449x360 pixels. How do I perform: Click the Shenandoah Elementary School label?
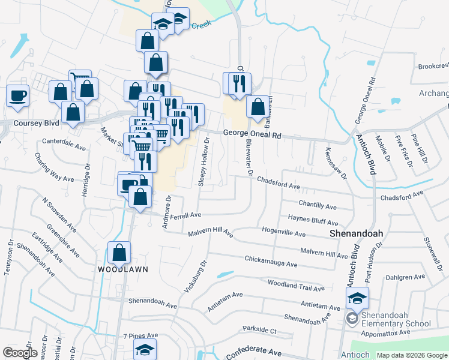(396, 320)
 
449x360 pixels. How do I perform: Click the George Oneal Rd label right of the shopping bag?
(252, 135)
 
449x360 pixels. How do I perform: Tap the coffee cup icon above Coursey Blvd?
(17, 95)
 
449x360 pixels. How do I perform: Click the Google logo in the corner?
(20, 353)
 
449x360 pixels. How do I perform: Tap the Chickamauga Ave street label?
(271, 262)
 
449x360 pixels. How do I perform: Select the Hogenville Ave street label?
(284, 230)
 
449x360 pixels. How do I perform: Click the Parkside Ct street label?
(259, 330)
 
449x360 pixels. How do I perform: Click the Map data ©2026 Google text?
(411, 355)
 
